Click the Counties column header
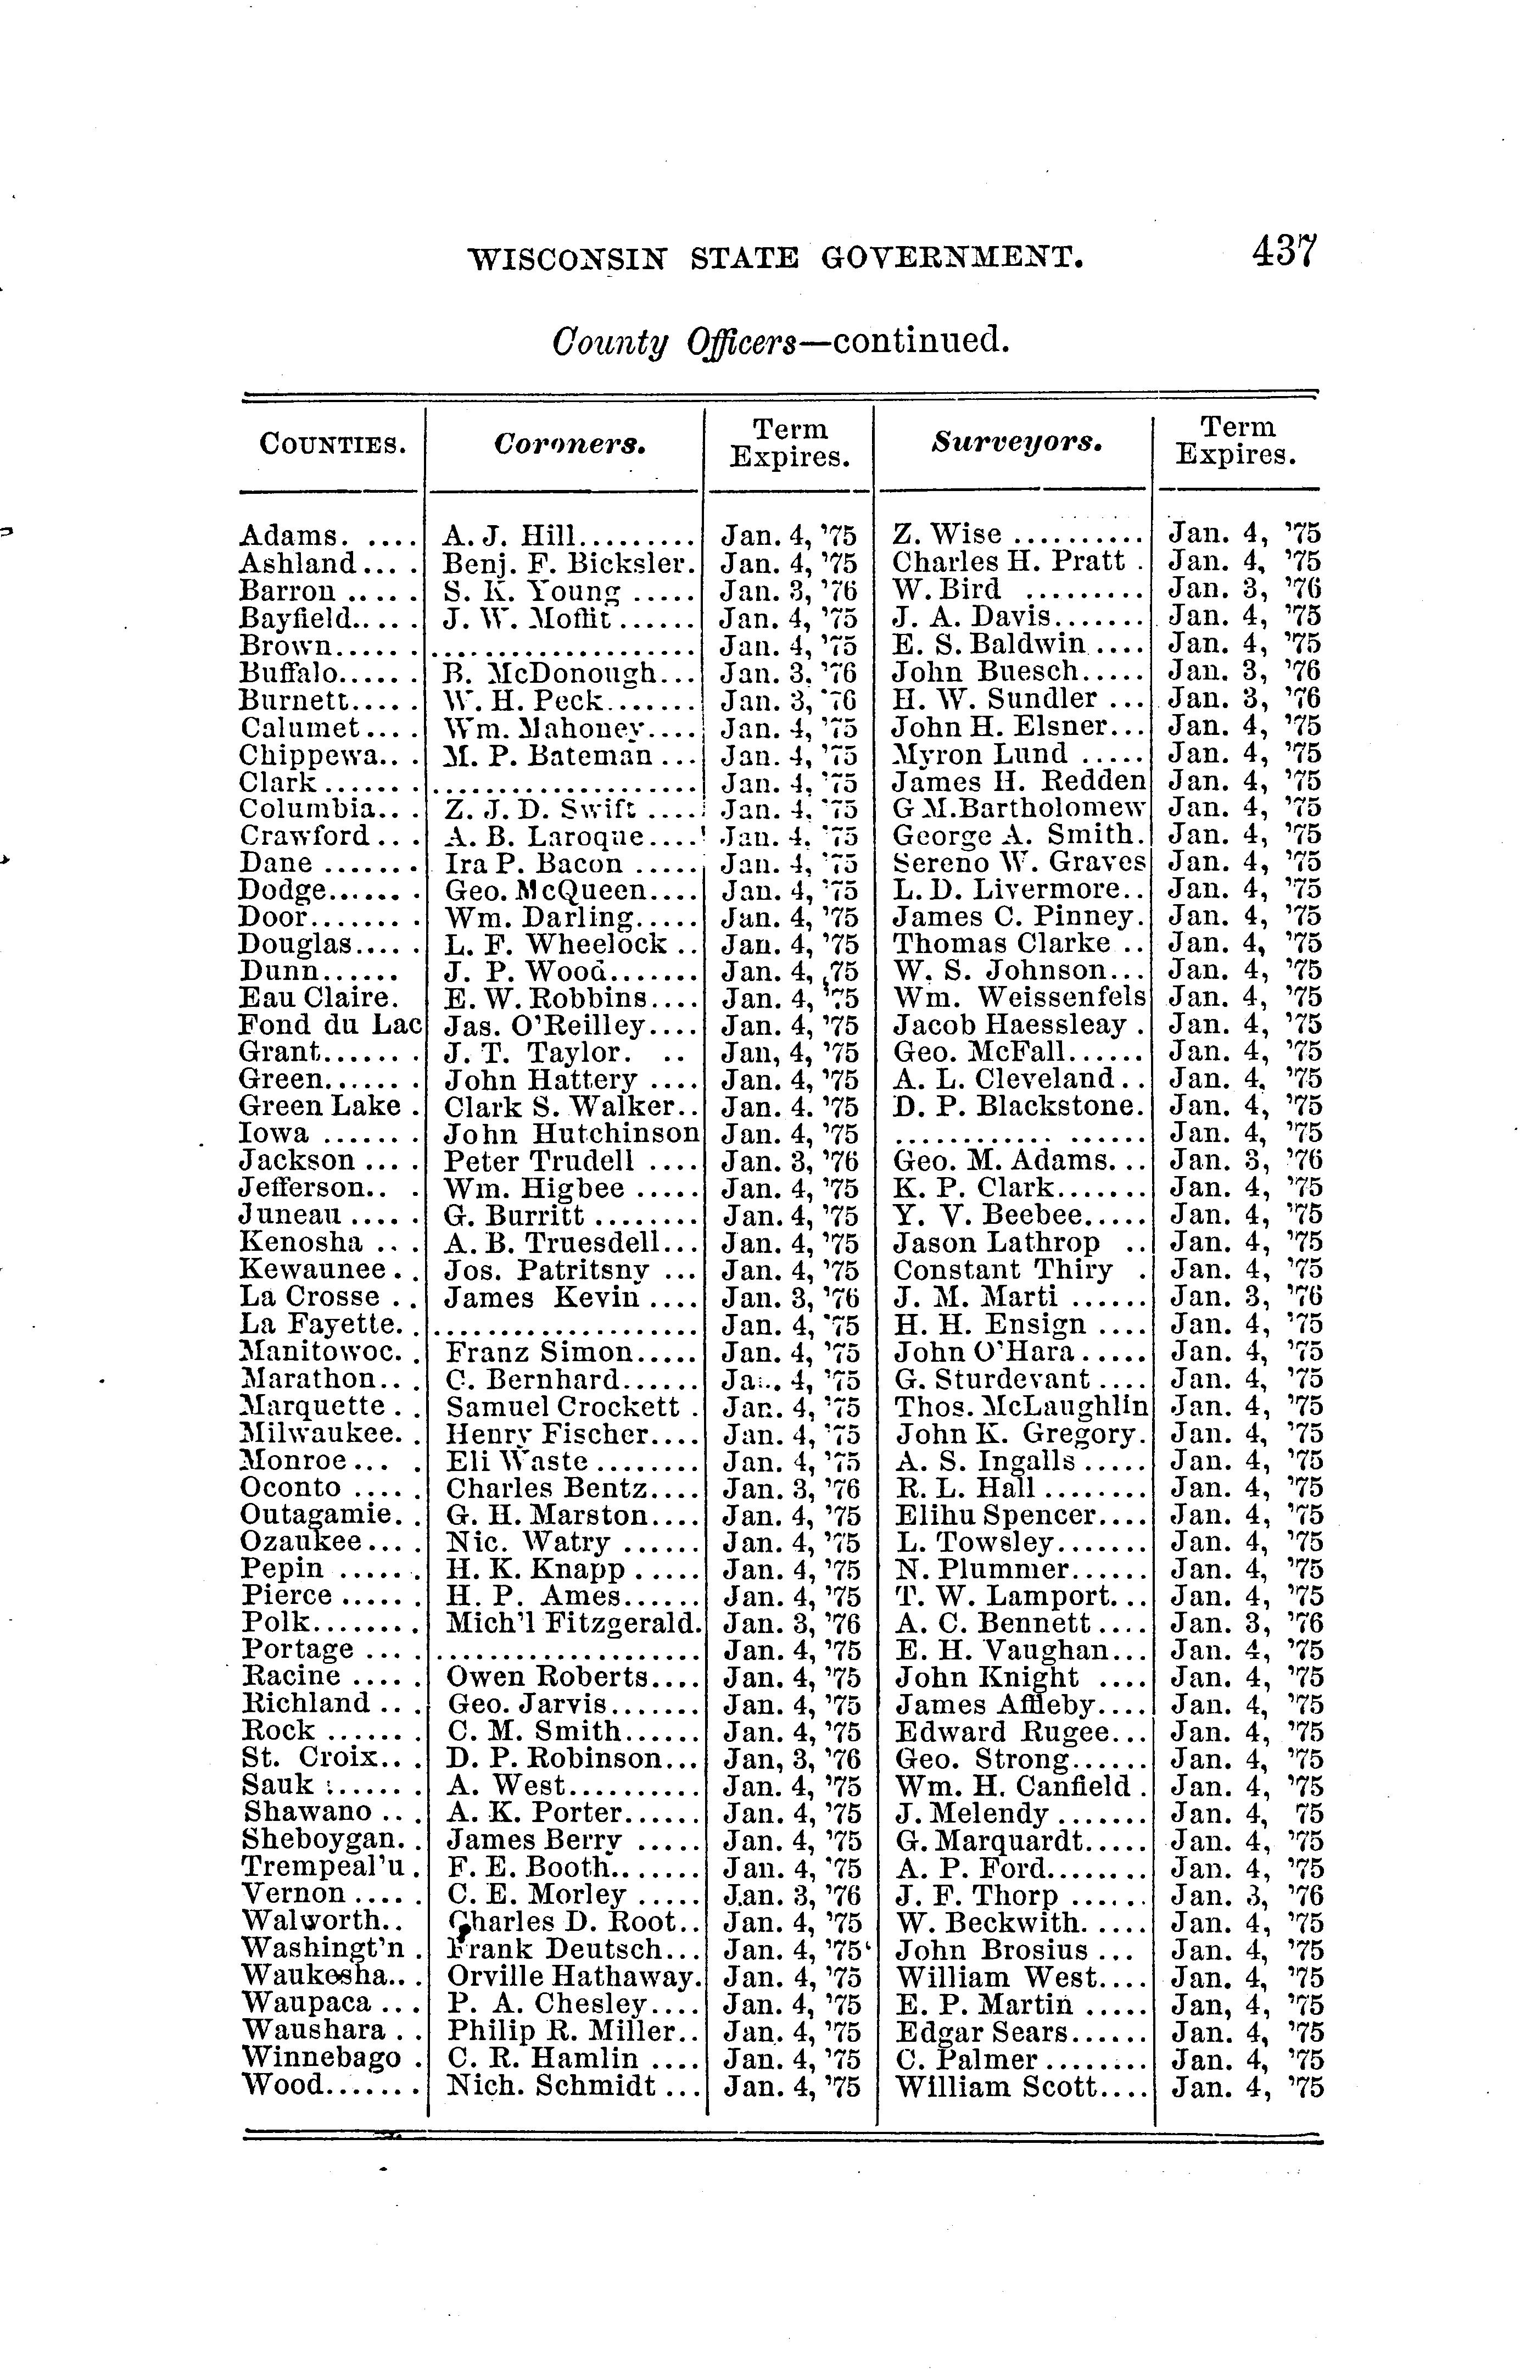coord(333,444)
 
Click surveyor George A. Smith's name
coord(1016,835)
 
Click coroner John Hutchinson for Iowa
coord(572,1133)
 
